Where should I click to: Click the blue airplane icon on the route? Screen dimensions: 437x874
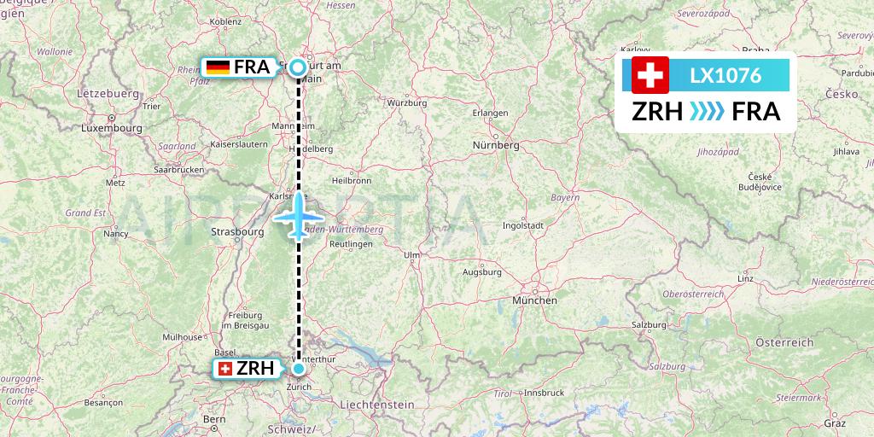(298, 216)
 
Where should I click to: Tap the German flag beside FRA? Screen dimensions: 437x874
(218, 67)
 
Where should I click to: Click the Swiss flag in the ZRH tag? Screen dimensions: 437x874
(225, 369)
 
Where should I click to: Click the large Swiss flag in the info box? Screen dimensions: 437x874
(650, 75)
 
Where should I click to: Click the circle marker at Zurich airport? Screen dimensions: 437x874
(299, 369)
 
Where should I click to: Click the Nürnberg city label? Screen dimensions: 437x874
(495, 146)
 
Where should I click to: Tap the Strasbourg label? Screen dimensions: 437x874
(236, 231)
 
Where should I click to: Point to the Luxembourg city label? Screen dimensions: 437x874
(111, 128)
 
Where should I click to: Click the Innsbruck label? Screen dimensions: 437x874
(545, 393)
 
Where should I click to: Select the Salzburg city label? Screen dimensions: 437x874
(649, 325)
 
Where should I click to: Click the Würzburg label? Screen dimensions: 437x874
(406, 102)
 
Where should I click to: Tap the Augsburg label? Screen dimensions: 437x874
(481, 272)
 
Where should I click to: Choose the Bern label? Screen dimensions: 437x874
(214, 419)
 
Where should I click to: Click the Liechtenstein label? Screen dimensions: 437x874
(376, 405)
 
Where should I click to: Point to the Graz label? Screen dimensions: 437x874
(834, 422)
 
